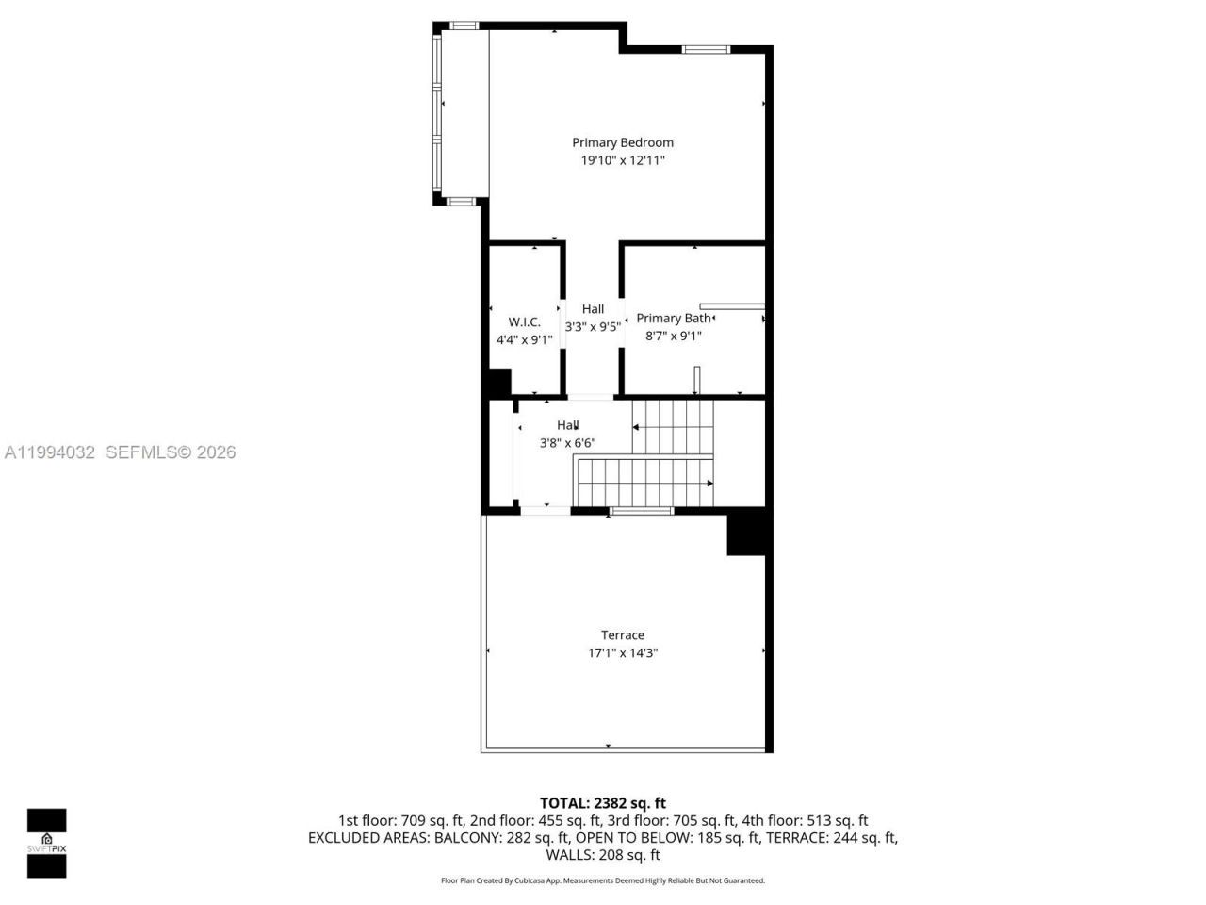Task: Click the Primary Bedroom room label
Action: point(623,142)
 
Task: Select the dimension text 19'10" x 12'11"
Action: point(623,160)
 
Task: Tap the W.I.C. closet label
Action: point(524,321)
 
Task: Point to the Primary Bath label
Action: point(673,318)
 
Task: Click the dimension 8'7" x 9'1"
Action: point(673,336)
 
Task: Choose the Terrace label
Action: point(623,634)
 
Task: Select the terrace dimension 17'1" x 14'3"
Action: point(623,652)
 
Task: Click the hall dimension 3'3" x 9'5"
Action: point(593,327)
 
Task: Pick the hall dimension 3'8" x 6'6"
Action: point(567,443)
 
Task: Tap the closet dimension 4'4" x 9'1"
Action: point(524,339)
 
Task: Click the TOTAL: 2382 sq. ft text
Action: point(603,803)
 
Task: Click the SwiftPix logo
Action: point(46,843)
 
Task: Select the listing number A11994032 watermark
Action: point(50,452)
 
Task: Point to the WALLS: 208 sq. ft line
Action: point(603,855)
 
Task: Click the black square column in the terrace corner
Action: point(745,535)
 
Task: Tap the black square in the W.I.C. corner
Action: point(497,383)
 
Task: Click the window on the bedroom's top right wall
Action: point(706,49)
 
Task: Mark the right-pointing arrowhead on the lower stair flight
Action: point(709,483)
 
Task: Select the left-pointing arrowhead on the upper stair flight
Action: point(636,427)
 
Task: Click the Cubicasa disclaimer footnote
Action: point(603,880)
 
